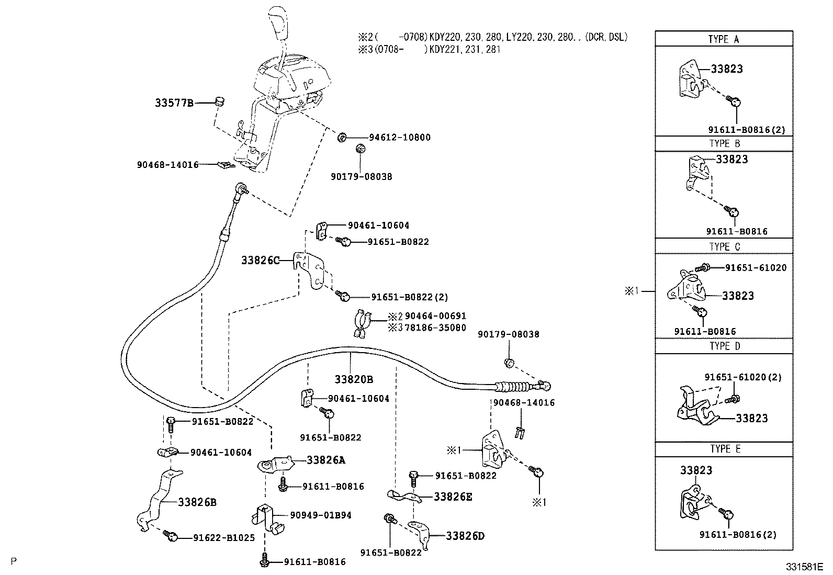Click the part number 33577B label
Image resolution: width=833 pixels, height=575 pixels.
point(174,103)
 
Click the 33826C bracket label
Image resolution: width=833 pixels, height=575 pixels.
point(261,260)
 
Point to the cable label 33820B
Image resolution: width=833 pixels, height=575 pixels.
point(354,379)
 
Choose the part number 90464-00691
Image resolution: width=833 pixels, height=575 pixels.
point(435,316)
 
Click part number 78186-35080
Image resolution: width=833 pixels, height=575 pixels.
point(435,328)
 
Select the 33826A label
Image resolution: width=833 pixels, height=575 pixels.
point(325,460)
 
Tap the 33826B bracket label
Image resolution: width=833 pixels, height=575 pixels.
point(197,502)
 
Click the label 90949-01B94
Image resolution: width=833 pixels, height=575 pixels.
point(321,515)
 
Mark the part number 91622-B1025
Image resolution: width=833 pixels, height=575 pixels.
point(224,537)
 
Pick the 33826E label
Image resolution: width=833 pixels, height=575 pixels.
point(453,497)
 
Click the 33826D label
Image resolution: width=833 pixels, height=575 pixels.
point(465,536)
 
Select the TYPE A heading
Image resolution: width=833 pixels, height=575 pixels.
point(724,39)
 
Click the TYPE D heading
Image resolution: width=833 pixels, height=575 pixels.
point(725,346)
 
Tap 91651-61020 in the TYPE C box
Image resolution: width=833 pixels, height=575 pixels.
point(756,267)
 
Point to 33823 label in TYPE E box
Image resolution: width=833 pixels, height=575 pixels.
point(696,470)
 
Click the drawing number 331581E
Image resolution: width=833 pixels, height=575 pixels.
point(803,567)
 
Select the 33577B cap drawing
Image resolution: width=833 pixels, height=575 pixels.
point(220,100)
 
